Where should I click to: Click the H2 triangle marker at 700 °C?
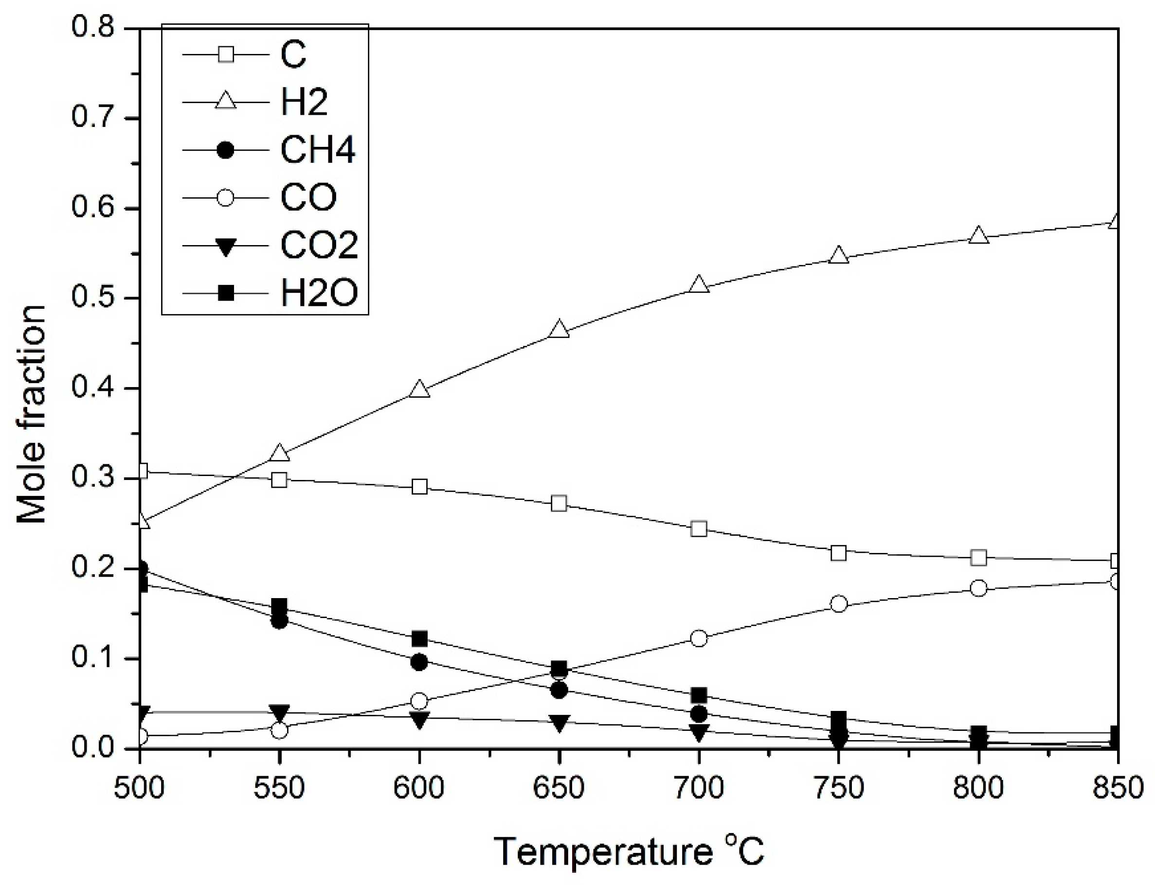[699, 284]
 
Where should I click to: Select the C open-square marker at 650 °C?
[559, 504]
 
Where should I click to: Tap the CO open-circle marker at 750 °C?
[838, 604]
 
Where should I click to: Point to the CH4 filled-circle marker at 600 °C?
[419, 662]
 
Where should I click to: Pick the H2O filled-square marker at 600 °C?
[419, 638]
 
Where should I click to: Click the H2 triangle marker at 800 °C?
[978, 235]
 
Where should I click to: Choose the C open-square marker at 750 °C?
[838, 553]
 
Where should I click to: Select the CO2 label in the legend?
[319, 245]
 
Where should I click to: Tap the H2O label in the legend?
[319, 292]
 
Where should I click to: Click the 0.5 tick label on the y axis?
[93, 299]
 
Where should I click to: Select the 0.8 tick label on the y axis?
[93, 27]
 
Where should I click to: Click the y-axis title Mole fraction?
[32, 413]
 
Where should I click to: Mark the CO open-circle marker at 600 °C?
[419, 701]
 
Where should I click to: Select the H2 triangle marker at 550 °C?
[280, 453]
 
